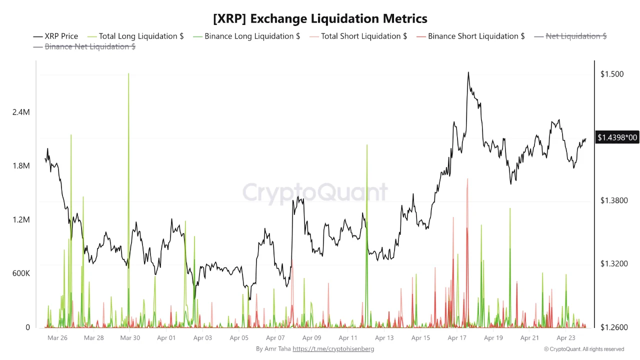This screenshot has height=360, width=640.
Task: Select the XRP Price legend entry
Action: point(56,36)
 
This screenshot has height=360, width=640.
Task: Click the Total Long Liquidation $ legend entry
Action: point(135,36)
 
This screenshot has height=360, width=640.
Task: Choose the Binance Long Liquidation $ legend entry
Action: point(246,36)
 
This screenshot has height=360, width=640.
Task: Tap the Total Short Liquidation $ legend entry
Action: point(358,36)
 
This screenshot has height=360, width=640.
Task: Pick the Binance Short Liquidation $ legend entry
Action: point(470,36)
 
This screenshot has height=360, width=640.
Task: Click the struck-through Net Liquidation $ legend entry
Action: point(570,36)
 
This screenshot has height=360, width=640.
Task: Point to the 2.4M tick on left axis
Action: point(21,112)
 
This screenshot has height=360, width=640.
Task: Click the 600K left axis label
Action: point(21,273)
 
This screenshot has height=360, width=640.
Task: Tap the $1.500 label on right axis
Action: point(612,74)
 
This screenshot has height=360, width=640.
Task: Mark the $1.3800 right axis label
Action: point(614,200)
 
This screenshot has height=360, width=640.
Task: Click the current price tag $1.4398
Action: point(617,137)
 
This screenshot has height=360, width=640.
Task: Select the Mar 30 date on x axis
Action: point(130,338)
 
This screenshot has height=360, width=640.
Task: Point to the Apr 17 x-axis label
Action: point(457,338)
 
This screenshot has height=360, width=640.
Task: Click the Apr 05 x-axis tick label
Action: point(238,338)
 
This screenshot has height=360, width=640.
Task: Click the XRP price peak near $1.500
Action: point(468,72)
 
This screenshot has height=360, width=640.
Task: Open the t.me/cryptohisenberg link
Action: point(333,349)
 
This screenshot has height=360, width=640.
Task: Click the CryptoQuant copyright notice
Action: point(583,349)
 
